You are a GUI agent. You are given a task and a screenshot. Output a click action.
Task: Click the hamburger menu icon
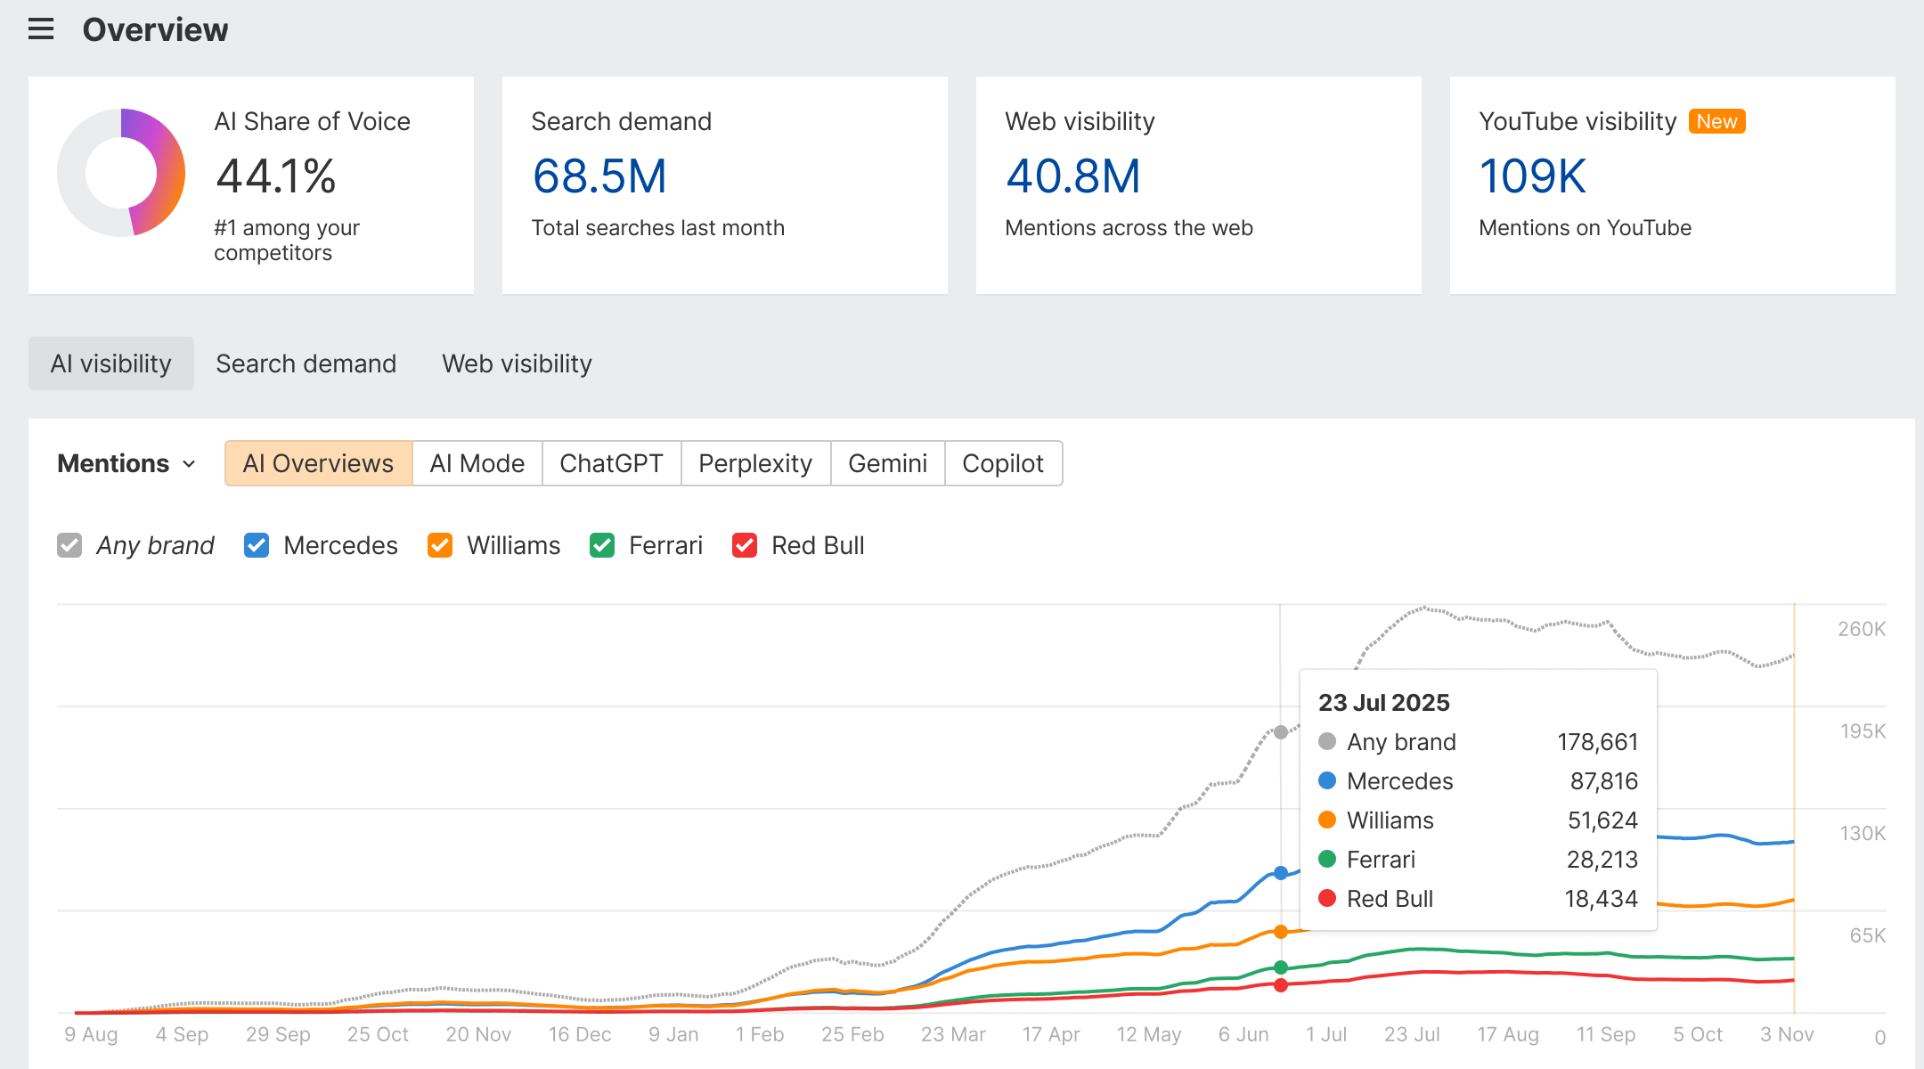[x=41, y=29]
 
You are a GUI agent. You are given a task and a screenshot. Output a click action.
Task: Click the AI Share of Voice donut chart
[x=121, y=173]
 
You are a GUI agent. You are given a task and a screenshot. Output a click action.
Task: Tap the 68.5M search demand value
[x=599, y=176]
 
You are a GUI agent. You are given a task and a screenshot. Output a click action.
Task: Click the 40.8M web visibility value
[x=1073, y=176]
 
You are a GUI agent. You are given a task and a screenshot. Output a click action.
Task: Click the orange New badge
[x=1716, y=121]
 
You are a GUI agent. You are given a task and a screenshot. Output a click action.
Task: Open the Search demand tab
[x=306, y=363]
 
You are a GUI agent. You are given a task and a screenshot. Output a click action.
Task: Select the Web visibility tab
[x=517, y=363]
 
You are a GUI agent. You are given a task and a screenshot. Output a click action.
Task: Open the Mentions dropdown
[x=126, y=463]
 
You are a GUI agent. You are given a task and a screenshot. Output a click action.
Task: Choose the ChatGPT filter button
[x=611, y=463]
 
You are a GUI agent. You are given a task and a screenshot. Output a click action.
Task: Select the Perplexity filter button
[x=755, y=463]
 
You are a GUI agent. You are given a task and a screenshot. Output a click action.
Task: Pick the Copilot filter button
[x=1003, y=463]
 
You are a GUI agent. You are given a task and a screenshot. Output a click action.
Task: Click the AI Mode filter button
[x=477, y=463]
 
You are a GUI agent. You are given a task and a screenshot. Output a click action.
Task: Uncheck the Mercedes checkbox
[x=257, y=545]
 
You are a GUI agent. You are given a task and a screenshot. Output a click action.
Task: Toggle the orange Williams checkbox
[x=440, y=545]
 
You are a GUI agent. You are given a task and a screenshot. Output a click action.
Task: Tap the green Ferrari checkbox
[x=602, y=545]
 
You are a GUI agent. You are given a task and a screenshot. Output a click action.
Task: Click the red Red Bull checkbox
[x=745, y=545]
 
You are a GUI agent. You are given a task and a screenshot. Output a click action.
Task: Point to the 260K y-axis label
[x=1862, y=629]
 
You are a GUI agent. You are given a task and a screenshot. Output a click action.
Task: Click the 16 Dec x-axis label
[x=580, y=1034]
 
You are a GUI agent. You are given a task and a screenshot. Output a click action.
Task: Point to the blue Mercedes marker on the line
[x=1281, y=873]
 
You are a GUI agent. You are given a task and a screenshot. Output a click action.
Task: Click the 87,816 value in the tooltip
[x=1603, y=781]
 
